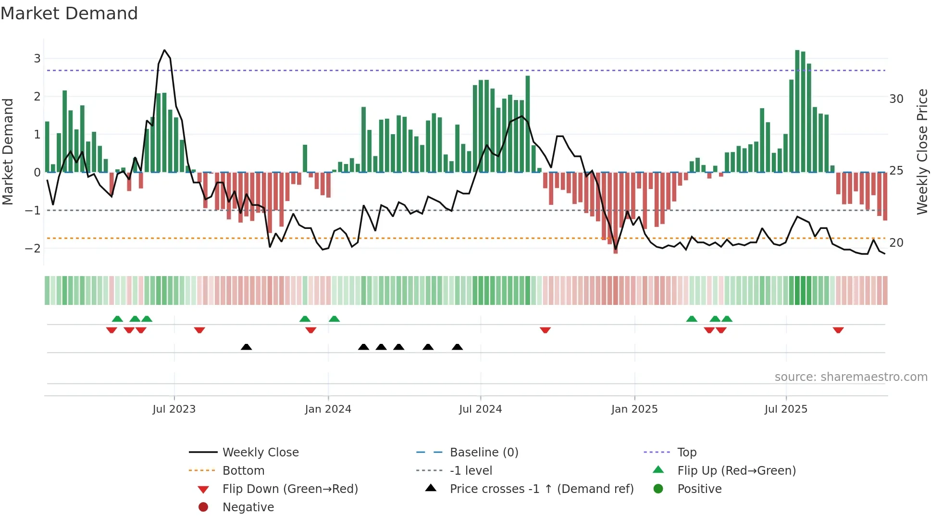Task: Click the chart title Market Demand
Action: (x=69, y=13)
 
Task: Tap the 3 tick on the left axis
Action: (x=37, y=59)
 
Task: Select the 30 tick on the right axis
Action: (x=896, y=99)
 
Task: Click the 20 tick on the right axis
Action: (x=896, y=243)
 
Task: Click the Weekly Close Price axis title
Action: (x=922, y=151)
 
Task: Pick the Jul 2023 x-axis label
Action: (x=174, y=409)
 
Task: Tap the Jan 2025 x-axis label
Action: (x=634, y=409)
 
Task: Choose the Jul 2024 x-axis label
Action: (x=480, y=409)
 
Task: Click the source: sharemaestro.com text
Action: (x=851, y=377)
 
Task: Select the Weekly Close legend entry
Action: (x=260, y=453)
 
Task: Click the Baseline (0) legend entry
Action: (x=483, y=453)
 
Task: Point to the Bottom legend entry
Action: (x=243, y=471)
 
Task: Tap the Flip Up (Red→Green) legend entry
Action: (x=736, y=471)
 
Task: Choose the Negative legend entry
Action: (x=248, y=507)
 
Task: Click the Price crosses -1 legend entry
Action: (x=541, y=489)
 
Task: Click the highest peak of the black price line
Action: (x=164, y=50)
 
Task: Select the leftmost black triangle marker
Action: (x=246, y=347)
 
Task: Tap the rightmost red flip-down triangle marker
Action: (x=838, y=330)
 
